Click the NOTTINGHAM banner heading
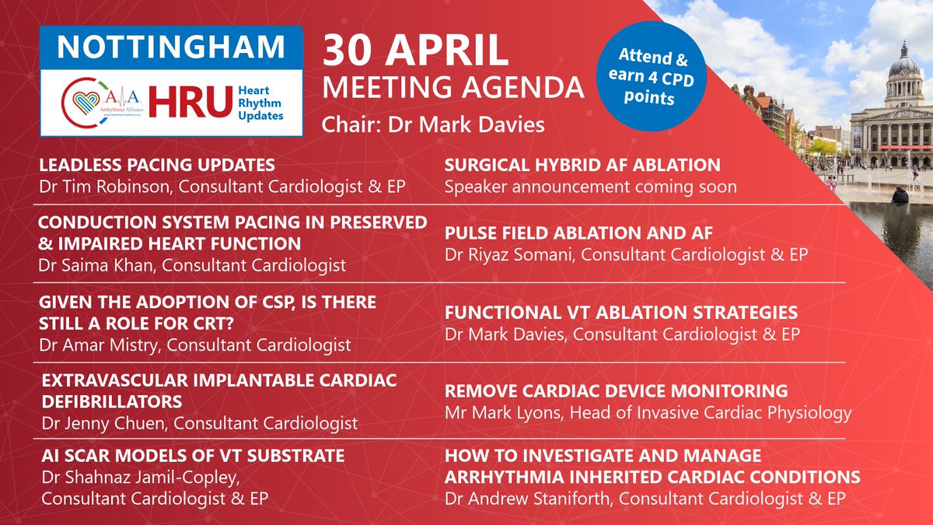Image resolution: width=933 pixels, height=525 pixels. (x=172, y=48)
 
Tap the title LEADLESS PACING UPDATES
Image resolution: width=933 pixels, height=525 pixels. (x=156, y=165)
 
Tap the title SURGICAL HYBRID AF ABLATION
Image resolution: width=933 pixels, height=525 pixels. (x=582, y=165)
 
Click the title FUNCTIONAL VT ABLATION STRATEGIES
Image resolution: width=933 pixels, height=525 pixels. (x=620, y=313)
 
